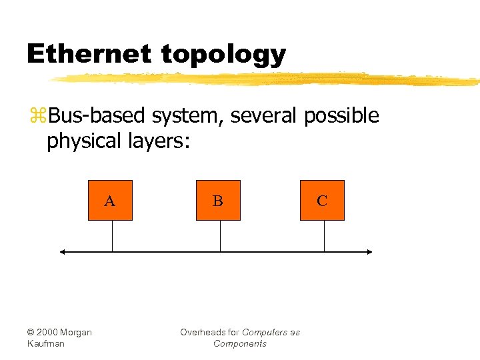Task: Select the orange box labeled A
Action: [111, 200]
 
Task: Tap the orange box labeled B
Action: [218, 200]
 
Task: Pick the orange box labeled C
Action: [322, 200]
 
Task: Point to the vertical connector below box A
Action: [112, 236]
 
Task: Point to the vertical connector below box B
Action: [220, 236]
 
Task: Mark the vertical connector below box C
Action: [324, 236]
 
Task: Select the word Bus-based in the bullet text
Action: [97, 116]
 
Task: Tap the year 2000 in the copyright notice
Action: [50, 333]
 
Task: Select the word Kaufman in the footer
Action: [46, 344]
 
